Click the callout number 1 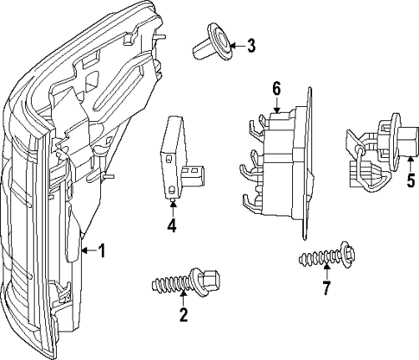tap(102, 251)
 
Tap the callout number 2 tap(183, 315)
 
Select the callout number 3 tap(251, 46)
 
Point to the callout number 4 tap(172, 226)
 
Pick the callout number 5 tap(410, 182)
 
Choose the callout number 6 tap(276, 88)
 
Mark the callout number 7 tap(326, 288)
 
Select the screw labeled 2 tap(185, 282)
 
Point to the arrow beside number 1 tap(87, 251)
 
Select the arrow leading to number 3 tap(233, 45)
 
